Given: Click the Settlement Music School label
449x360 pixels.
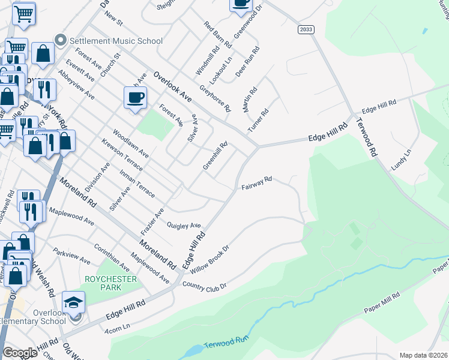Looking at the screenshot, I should click(116, 41).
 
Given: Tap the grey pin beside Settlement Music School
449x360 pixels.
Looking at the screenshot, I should click(60, 41).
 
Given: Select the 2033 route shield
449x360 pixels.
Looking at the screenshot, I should click(306, 29).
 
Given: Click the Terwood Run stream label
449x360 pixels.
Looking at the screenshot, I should click(226, 344).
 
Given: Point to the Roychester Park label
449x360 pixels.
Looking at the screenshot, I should click(110, 283).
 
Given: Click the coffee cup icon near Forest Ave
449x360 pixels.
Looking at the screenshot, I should click(135, 98).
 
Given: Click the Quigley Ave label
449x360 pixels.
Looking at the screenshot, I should click(183, 226).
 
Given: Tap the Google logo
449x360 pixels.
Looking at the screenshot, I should click(20, 353).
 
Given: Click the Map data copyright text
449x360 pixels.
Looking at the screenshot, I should click(424, 355).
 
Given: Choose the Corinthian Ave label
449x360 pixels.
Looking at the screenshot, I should click(112, 256).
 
